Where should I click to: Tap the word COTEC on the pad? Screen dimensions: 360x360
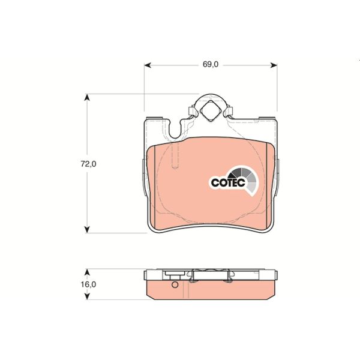click(227, 182)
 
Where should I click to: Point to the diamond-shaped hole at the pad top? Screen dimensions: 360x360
click(210, 110)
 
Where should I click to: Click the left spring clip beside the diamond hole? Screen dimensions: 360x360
click(191, 112)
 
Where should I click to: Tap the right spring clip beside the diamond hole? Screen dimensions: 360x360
click(227, 112)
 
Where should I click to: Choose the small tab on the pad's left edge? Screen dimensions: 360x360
click(143, 177)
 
